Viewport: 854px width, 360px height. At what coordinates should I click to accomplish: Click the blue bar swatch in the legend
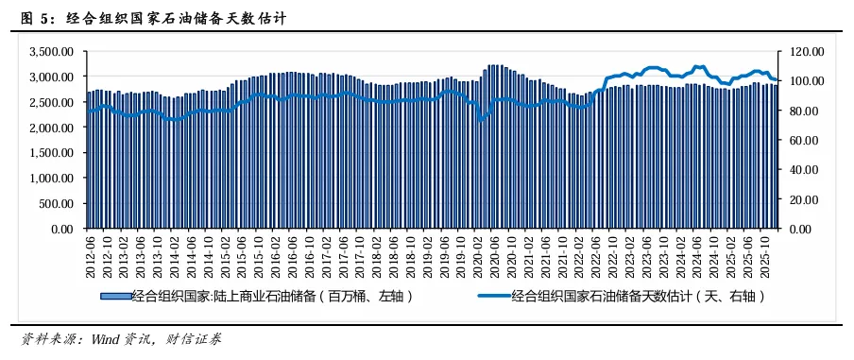[x=114, y=296]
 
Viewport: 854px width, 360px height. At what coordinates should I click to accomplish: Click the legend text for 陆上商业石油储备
[x=274, y=296]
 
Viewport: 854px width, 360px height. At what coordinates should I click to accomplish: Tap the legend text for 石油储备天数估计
[x=639, y=296]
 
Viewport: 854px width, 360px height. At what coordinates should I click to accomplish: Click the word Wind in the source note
[x=110, y=338]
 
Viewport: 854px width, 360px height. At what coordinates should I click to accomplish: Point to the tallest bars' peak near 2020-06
[x=493, y=66]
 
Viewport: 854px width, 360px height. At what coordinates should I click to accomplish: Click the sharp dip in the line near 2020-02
[x=481, y=120]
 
